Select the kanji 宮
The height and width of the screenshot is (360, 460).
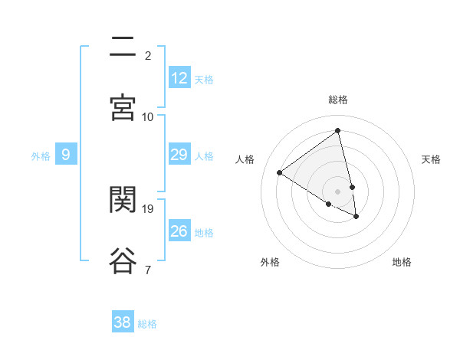click(x=123, y=108)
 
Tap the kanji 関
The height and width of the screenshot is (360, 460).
click(x=123, y=201)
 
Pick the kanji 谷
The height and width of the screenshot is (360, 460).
click(x=123, y=260)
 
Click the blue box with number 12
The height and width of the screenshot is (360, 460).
click(x=179, y=78)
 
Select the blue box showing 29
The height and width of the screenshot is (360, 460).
click(x=179, y=155)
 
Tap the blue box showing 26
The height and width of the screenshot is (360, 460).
click(x=179, y=231)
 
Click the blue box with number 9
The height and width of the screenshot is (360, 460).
click(x=66, y=155)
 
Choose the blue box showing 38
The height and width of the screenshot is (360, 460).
click(x=123, y=322)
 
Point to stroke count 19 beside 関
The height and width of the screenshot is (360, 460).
click(x=149, y=208)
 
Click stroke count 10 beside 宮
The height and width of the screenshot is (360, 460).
click(x=148, y=116)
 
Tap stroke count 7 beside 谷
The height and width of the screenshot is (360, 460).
click(x=148, y=270)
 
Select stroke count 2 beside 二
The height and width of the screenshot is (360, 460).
click(x=148, y=55)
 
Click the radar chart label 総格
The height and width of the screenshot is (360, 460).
click(x=338, y=100)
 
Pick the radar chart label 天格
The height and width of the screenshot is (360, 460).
click(x=431, y=159)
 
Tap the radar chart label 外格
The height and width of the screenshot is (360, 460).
click(x=270, y=262)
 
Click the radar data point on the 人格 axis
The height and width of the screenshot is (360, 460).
click(x=280, y=172)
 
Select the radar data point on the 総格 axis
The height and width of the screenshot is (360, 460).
click(x=338, y=131)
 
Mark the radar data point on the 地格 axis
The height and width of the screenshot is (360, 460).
click(x=356, y=217)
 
